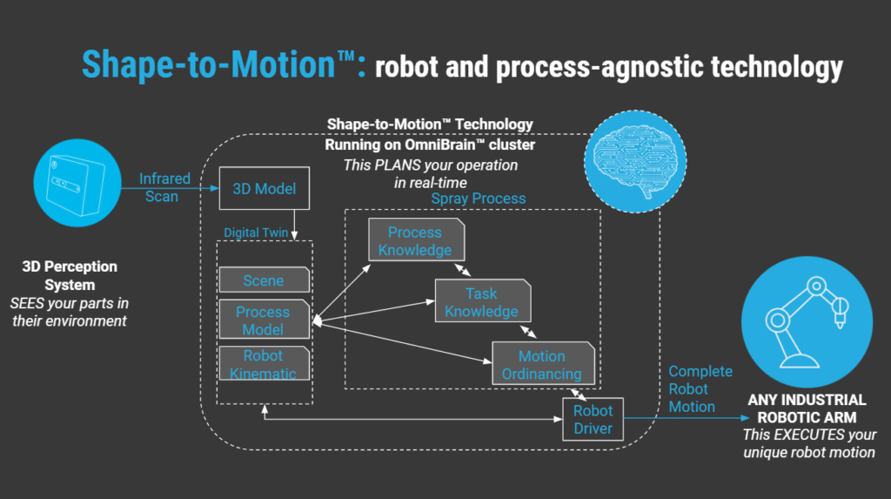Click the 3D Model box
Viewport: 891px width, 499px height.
pyautogui.click(x=264, y=188)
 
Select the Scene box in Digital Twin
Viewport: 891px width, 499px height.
pyautogui.click(x=264, y=280)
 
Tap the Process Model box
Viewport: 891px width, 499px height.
pyautogui.click(x=264, y=320)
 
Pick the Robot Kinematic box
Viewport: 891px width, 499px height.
pyautogui.click(x=264, y=364)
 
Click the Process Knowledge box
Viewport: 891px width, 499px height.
pyautogui.click(x=415, y=240)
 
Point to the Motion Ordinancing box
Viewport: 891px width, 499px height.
pyautogui.click(x=542, y=364)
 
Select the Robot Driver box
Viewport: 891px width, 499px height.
pyautogui.click(x=593, y=419)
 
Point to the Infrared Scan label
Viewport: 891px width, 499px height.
pyautogui.click(x=164, y=187)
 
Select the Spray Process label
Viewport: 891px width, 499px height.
pyautogui.click(x=479, y=199)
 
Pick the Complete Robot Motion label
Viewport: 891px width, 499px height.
pyautogui.click(x=700, y=388)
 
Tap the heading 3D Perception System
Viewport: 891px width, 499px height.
pyautogui.click(x=70, y=275)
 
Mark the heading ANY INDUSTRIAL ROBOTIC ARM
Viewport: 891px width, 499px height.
pyautogui.click(x=807, y=408)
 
